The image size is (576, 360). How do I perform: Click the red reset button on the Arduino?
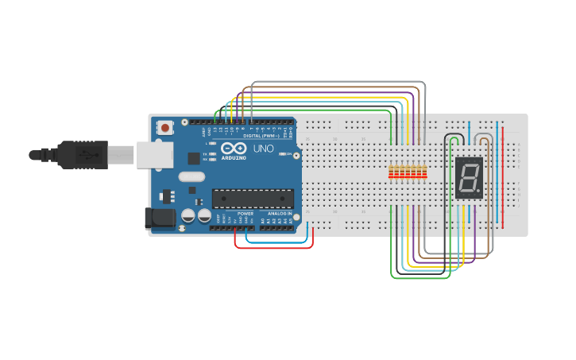pos(165,127)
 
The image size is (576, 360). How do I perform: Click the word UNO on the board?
pos(263,149)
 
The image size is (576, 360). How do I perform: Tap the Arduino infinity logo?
pos(234,149)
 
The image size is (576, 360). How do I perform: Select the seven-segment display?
pos(470,177)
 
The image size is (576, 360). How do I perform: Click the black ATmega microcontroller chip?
pos(252,199)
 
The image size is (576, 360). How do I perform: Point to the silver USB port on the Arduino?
pos(154,155)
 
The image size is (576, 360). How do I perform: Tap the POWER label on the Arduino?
pos(245,214)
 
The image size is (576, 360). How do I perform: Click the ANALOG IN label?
pos(278,214)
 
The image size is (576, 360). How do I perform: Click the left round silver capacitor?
pos(189,215)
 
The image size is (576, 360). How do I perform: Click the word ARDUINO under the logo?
pos(234,157)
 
